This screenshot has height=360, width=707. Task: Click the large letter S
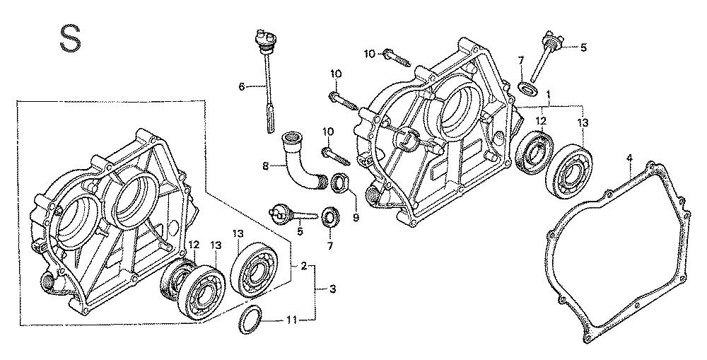[x=69, y=38]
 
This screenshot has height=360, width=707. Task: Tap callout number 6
[x=242, y=86]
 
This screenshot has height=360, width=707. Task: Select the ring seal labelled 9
[x=340, y=186]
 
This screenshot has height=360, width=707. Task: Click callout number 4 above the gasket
[x=629, y=161]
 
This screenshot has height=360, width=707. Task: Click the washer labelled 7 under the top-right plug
[x=527, y=88]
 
